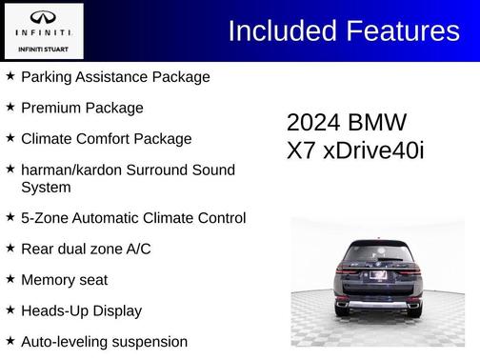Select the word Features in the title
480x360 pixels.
403,30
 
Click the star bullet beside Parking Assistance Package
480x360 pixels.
10,76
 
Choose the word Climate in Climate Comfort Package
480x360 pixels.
48,139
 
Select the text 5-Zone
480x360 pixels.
44,218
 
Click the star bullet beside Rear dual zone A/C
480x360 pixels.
10,249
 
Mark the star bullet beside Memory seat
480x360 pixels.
10,279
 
